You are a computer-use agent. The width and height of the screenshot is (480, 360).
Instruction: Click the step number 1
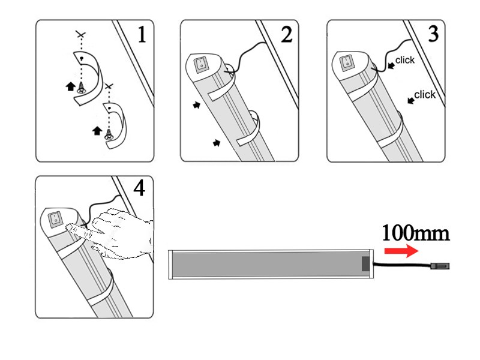click(142, 34)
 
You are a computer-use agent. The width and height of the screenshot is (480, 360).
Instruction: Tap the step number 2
click(287, 34)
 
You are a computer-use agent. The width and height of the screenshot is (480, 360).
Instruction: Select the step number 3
click(433, 34)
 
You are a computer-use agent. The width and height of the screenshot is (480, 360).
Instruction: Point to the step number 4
click(139, 188)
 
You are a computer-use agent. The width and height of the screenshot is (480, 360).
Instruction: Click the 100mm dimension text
click(416, 233)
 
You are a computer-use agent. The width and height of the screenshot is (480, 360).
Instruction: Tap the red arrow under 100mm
click(401, 251)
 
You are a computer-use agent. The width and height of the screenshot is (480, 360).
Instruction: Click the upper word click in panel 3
click(404, 60)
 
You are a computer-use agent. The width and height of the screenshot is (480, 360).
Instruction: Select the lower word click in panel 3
click(425, 95)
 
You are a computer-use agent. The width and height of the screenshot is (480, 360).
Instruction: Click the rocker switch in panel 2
click(201, 65)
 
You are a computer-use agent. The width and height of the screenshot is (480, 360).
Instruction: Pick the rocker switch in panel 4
click(55, 219)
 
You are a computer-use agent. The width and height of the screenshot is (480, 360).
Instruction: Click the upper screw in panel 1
click(81, 88)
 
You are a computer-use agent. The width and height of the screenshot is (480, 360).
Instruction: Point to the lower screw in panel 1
click(108, 134)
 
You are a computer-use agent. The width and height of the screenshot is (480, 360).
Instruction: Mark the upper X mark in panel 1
click(81, 34)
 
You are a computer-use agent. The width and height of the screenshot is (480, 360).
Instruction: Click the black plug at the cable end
click(440, 266)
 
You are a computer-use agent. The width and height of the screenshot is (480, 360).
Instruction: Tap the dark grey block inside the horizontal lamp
click(365, 264)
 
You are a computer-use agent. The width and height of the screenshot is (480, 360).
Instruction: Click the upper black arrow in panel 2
click(197, 106)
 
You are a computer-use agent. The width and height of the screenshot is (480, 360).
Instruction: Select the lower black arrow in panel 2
click(217, 143)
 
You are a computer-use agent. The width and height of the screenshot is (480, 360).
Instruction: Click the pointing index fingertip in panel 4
click(70, 227)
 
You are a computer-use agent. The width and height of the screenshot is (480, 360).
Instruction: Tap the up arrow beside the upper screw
click(71, 86)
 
